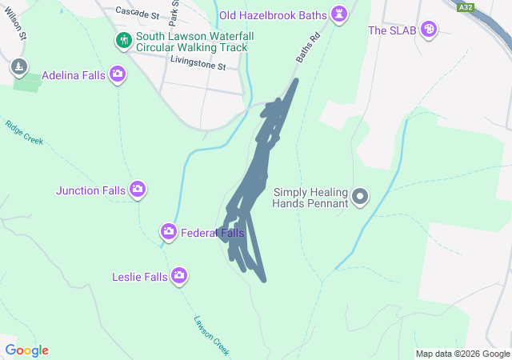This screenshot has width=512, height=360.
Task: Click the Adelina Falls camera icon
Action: pos(118,74)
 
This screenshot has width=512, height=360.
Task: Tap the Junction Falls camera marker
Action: pos(138,190)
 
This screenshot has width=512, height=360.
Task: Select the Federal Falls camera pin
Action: pos(168,232)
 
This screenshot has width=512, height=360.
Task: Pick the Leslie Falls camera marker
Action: pos(179,276)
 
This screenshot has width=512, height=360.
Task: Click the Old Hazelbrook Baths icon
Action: pos(342,15)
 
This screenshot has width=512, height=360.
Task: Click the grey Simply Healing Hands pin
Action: pos(361,196)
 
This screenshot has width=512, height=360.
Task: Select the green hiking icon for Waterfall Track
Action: pos(123,41)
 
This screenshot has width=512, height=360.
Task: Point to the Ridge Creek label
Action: pos(23,133)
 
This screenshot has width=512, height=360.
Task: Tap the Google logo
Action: pos(26,350)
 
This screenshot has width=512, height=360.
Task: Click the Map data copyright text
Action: pos(462,354)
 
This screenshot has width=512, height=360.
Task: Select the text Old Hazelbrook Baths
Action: pos(274,15)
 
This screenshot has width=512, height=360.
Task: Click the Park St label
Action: pos(174,10)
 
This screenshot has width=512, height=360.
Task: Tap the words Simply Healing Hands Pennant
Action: pos(312,198)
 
